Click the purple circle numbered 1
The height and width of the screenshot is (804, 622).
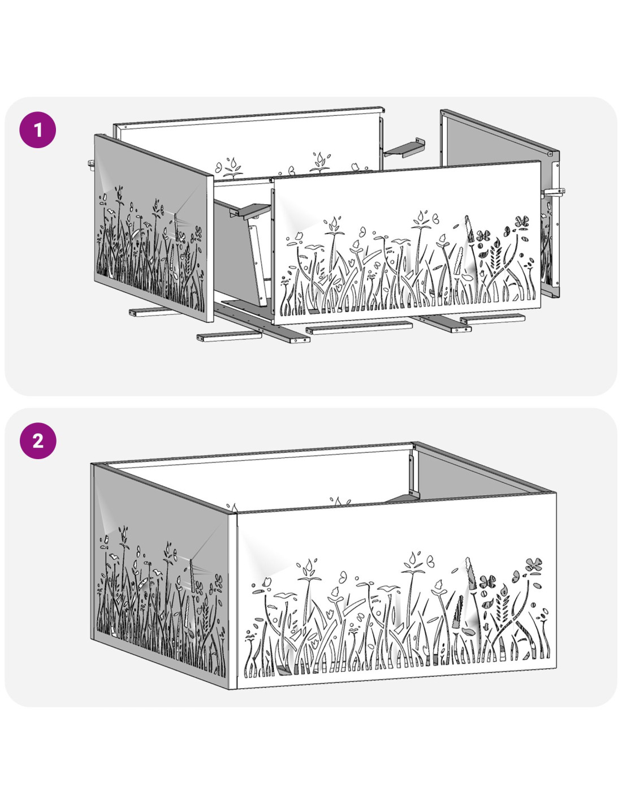coord(38,130)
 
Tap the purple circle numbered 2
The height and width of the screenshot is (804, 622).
coord(38,440)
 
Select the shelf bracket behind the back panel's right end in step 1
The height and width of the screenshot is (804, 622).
coord(404,148)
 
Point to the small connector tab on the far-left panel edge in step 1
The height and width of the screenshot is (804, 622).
coord(92,163)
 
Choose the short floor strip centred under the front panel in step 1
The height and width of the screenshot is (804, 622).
coord(359,328)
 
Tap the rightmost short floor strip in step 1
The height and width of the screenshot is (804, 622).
coord(493,318)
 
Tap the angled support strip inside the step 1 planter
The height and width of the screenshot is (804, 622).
coord(258,266)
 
